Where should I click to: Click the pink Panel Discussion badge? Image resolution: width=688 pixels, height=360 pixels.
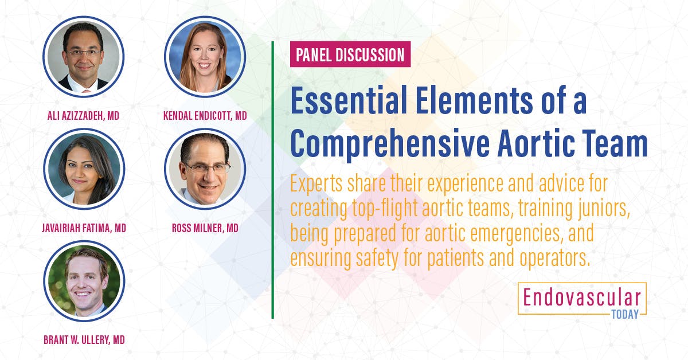click(350, 56)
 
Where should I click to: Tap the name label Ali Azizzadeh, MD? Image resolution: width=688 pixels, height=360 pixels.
click(84, 116)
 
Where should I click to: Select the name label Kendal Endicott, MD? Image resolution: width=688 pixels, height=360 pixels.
click(205, 116)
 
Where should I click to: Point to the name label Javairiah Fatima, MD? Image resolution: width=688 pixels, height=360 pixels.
click(84, 228)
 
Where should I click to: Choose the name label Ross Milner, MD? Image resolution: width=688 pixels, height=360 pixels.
click(205, 228)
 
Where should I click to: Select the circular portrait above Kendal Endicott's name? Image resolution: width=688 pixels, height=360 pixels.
click(205, 56)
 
